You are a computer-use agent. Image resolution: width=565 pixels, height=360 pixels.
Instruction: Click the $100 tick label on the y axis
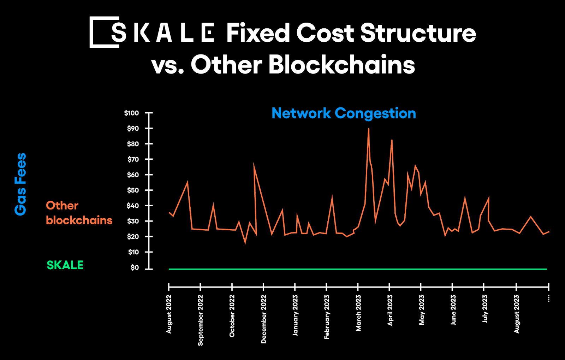point(131,113)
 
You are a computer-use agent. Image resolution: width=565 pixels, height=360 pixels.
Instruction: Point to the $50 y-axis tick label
point(133,190)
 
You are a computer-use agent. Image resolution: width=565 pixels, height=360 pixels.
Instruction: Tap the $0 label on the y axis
point(135,267)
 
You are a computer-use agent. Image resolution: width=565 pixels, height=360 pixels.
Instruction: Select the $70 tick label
point(133,159)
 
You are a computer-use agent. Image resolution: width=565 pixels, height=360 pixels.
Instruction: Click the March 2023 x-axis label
point(358,313)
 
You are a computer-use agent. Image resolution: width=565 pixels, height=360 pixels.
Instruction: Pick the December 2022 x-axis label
point(264,319)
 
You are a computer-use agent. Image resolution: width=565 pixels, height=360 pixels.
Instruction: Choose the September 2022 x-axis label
point(201,320)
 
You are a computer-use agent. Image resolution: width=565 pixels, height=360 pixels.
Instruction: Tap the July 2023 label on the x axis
point(485,309)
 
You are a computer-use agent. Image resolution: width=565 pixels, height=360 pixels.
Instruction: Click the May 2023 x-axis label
point(422,310)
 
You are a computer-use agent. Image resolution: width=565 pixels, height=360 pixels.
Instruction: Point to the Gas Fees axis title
point(20,184)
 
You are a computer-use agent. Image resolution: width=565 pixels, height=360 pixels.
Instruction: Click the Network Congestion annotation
point(344,113)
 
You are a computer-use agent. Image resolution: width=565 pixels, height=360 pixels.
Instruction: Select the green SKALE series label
point(65,265)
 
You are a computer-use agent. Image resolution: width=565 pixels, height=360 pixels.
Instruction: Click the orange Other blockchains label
point(79,213)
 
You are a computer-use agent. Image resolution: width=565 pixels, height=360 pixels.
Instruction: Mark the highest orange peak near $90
point(368,129)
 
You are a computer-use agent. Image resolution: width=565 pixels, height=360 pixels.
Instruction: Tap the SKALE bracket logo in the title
point(105,32)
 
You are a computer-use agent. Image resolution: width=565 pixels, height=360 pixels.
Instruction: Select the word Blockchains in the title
point(341,65)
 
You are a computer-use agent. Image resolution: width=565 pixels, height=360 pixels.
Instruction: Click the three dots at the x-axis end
point(548,299)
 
